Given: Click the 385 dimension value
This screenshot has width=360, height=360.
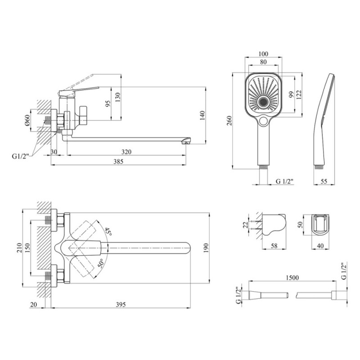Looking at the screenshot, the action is click(x=118, y=162).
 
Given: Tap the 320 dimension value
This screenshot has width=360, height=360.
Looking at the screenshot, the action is click(x=126, y=152).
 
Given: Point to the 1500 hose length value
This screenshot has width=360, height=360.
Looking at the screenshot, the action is click(x=292, y=278).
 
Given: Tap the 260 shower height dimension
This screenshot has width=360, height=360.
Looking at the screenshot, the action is click(x=229, y=121).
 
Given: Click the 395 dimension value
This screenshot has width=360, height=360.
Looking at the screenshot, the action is click(x=121, y=305).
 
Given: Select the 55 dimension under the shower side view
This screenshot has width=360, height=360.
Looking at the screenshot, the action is click(x=324, y=181).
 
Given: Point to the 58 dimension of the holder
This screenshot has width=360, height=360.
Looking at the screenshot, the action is click(x=274, y=246).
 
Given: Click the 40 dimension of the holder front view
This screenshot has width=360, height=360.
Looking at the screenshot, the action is click(x=320, y=246).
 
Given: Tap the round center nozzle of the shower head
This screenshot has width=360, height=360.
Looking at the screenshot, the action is click(x=263, y=102).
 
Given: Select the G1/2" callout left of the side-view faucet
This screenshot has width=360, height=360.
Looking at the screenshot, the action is click(x=20, y=156).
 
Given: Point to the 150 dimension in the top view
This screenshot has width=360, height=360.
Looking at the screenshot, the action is click(x=27, y=248).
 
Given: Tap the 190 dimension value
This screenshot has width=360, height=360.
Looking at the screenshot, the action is click(x=206, y=248).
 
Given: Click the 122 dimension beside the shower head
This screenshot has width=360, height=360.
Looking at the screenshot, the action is click(x=299, y=94).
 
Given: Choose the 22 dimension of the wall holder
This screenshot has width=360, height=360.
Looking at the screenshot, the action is click(x=245, y=225).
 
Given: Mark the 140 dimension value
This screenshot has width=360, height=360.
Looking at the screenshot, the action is click(x=202, y=116).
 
